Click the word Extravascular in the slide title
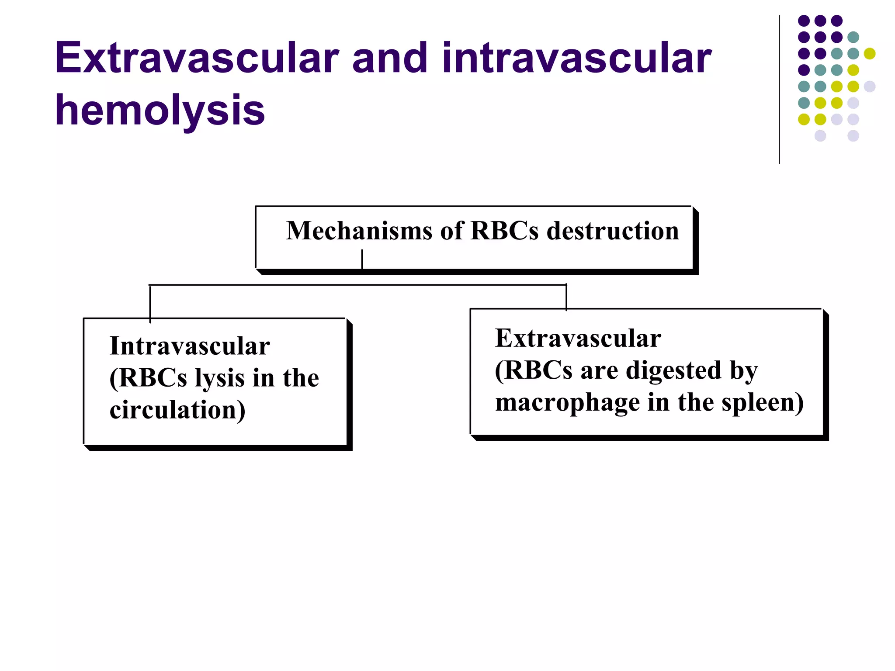pyautogui.click(x=197, y=58)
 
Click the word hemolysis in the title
pyautogui.click(x=160, y=110)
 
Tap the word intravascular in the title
pyautogui.click(x=576, y=58)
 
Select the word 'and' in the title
pyautogui.click(x=389, y=58)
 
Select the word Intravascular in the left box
pyautogui.click(x=190, y=346)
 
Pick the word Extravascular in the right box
pyautogui.click(x=578, y=338)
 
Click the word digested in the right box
pyautogui.click(x=673, y=370)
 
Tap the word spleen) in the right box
pyautogui.click(x=762, y=402)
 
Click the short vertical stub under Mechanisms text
pyautogui.click(x=362, y=259)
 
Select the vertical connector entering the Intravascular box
pyautogui.click(x=150, y=304)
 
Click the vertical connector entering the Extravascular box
pyautogui.click(x=566, y=297)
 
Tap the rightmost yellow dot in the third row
pyautogui.click(x=870, y=54)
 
